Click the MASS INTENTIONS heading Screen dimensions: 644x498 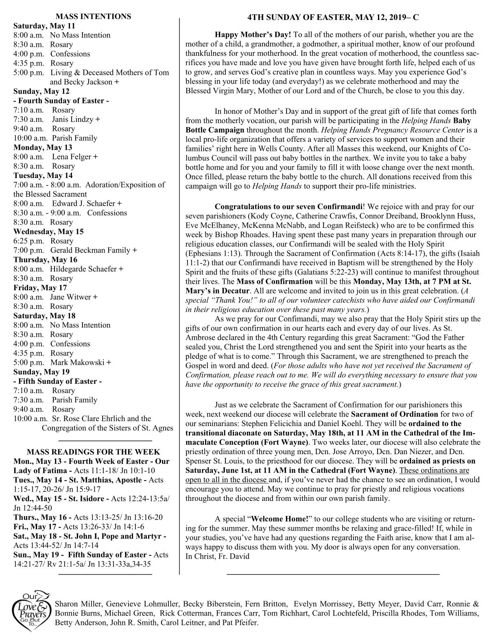[x=93, y=17]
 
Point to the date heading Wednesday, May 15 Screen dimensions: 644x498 [x=48, y=231]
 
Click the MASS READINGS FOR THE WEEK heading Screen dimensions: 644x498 [x=93, y=452]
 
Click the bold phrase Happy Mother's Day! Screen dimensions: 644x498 [x=253, y=35]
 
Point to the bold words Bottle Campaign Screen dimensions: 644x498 [x=215, y=130]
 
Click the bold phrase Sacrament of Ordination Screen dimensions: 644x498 [x=394, y=414]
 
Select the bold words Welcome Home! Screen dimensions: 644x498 [x=280, y=519]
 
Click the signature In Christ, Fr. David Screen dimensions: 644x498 [x=217, y=557]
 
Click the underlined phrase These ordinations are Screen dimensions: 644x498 [x=435, y=470]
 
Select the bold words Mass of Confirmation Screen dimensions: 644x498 [x=275, y=281]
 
